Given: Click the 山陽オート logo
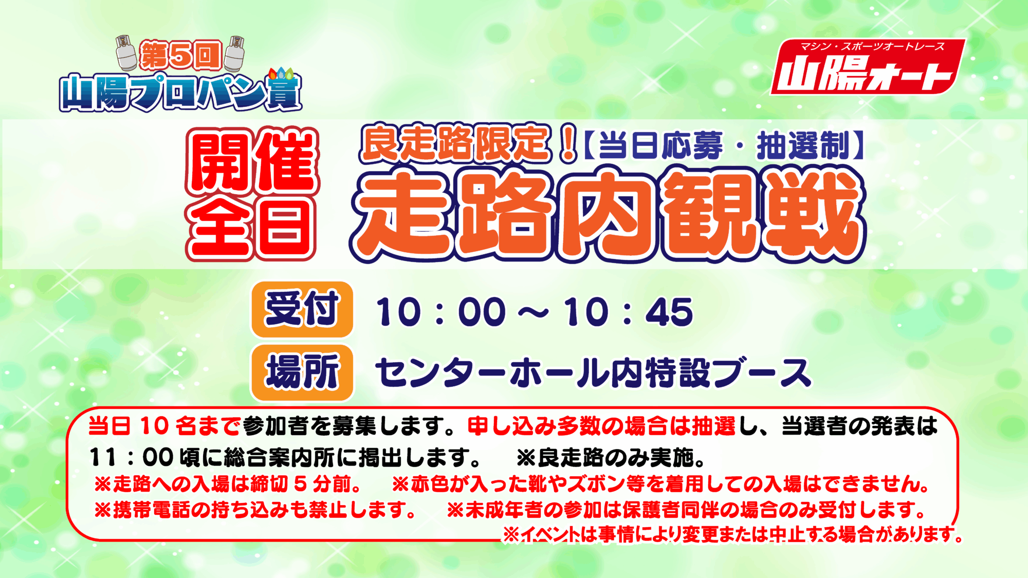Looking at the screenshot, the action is click(867, 67).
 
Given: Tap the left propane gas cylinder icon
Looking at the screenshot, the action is click(126, 53).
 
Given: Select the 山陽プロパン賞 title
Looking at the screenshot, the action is click(180, 91).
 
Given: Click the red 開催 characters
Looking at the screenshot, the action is click(252, 160).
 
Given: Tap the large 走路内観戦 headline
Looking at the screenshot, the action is click(608, 215).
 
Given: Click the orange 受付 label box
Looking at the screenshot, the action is click(302, 309).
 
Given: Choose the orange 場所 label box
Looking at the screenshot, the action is click(302, 372).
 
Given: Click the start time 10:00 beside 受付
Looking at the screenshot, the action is click(441, 312).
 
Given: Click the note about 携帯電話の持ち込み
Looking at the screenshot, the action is click(255, 510).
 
